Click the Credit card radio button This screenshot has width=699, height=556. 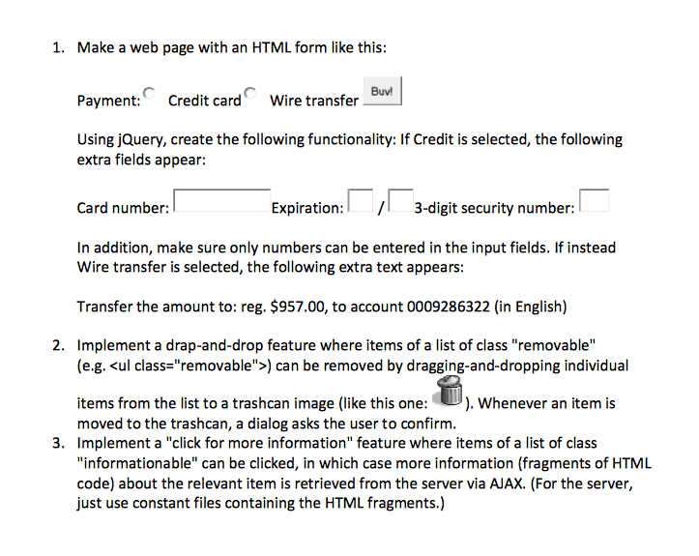(x=148, y=94)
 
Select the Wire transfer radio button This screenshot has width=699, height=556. (x=249, y=94)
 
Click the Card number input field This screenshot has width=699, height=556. (x=221, y=200)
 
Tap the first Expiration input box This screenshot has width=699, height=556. (x=360, y=200)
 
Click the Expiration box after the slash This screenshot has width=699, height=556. (x=400, y=200)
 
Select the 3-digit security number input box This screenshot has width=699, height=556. (x=595, y=200)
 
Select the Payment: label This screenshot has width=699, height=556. (x=108, y=101)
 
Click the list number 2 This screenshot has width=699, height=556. (x=57, y=345)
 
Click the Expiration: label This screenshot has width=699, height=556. (x=307, y=208)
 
